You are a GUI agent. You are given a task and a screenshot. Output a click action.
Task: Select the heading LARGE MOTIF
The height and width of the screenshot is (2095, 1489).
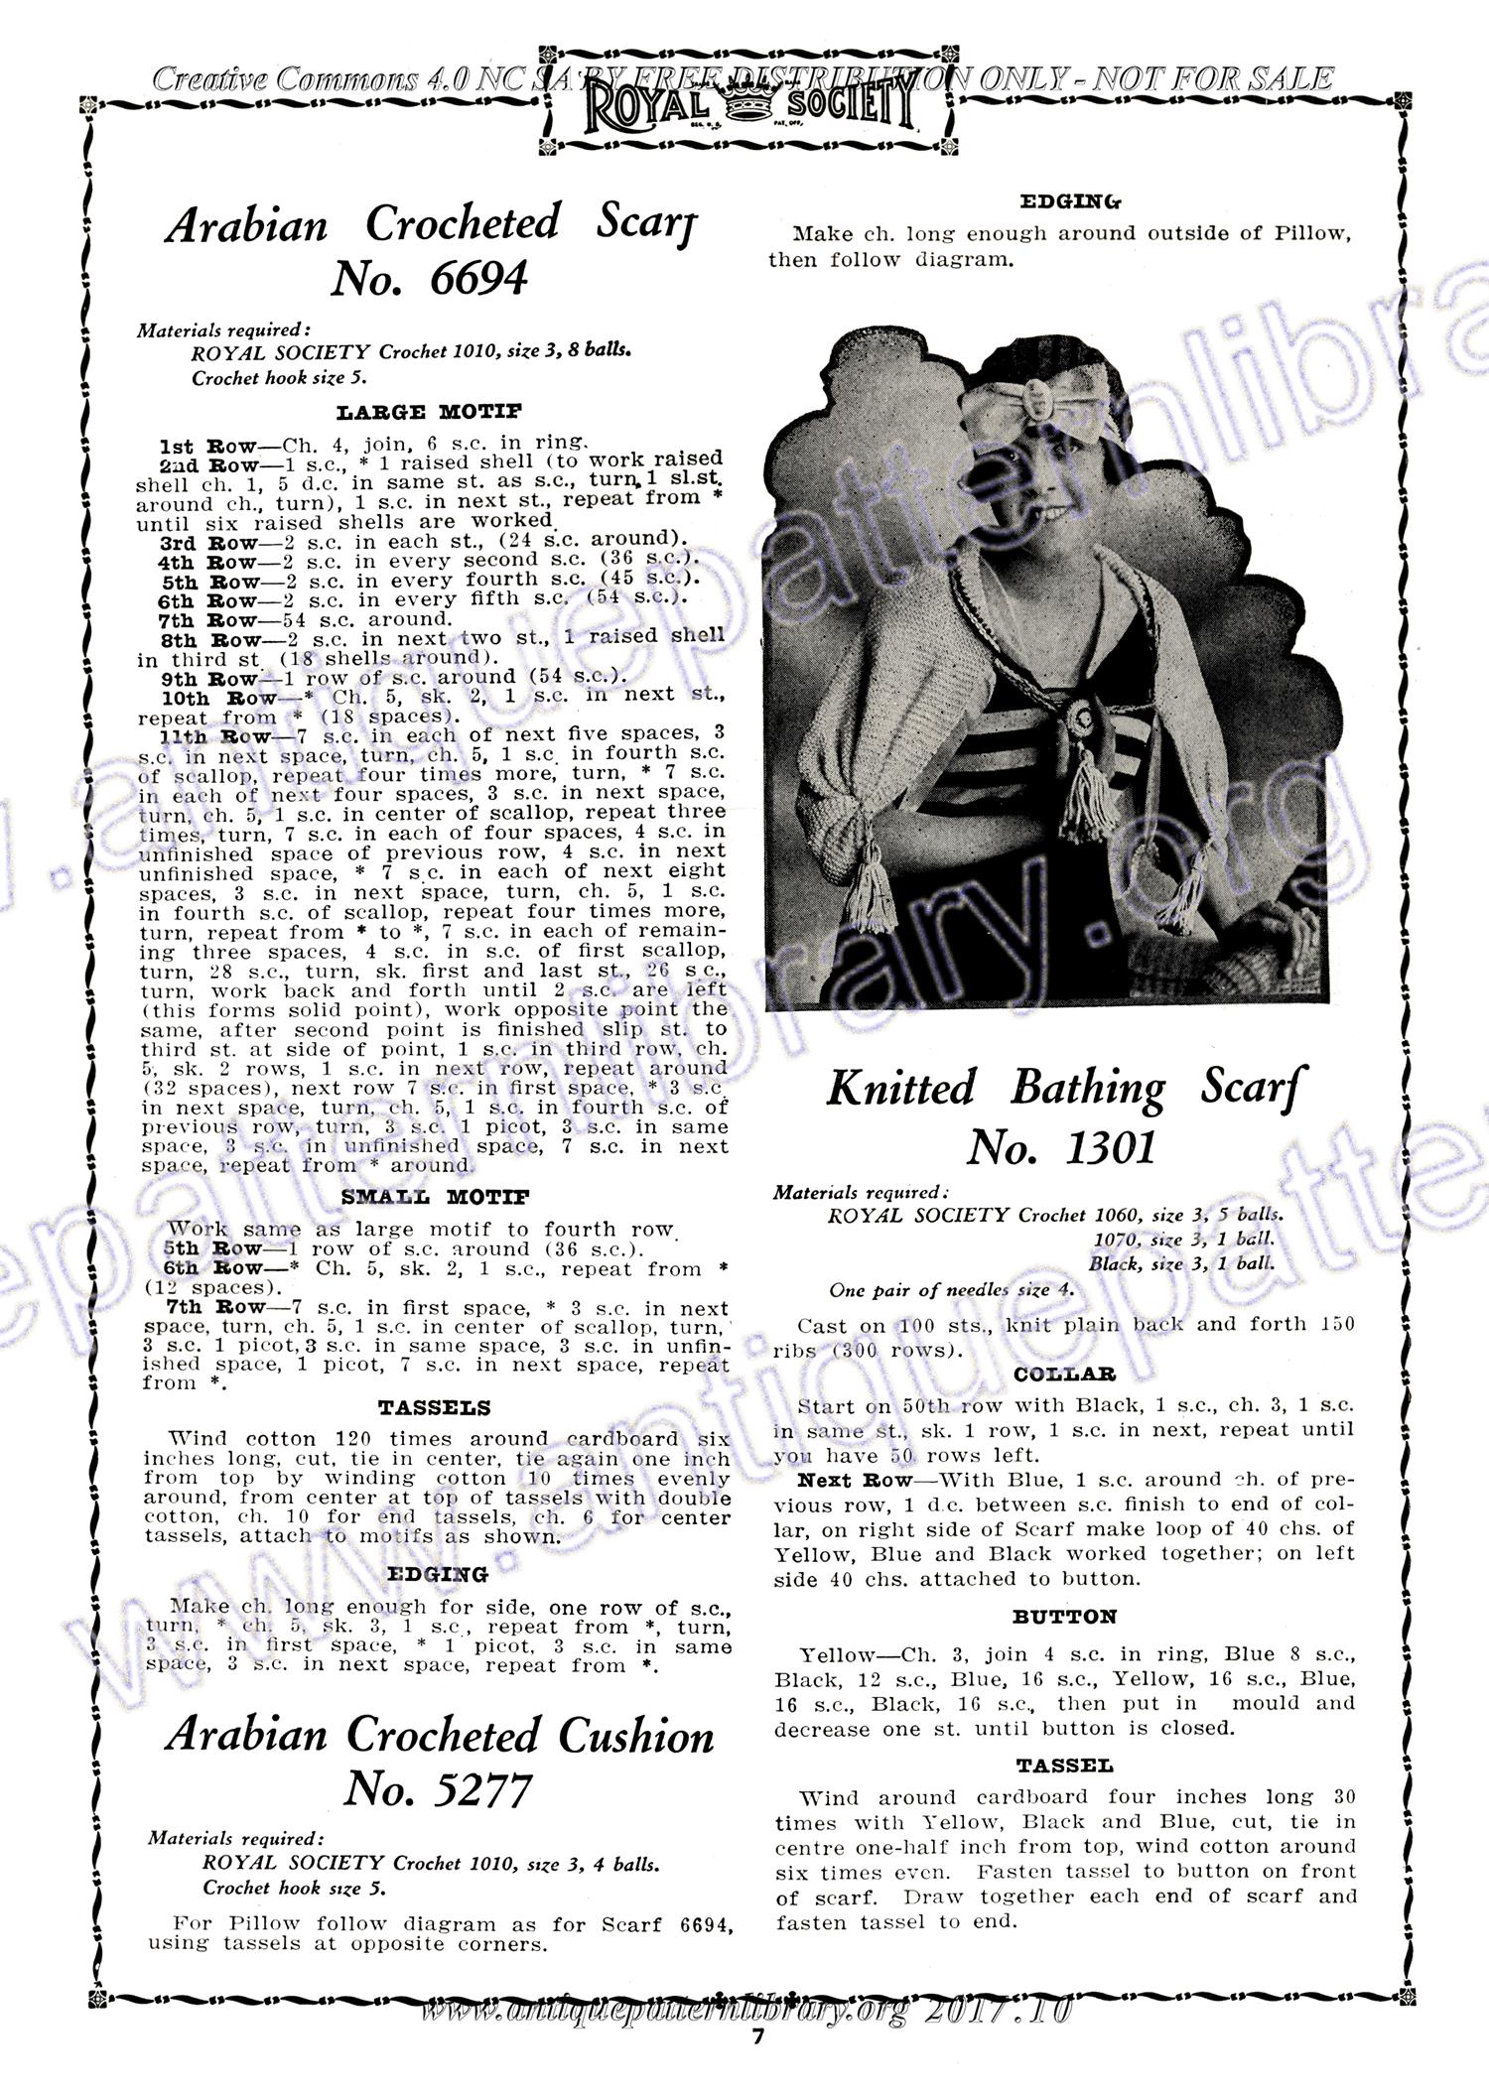click(x=429, y=412)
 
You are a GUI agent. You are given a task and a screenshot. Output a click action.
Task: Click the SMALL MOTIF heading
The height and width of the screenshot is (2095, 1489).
click(x=435, y=1198)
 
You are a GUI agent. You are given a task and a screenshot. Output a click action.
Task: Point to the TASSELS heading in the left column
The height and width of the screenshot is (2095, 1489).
click(x=434, y=1408)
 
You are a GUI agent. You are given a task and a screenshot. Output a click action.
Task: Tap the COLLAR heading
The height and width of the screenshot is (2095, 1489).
click(x=1065, y=1375)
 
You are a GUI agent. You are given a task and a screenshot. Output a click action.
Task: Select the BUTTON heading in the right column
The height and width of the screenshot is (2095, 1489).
click(x=1064, y=1617)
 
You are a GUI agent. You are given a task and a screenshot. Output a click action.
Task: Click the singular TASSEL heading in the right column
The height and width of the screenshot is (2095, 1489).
click(x=1064, y=1766)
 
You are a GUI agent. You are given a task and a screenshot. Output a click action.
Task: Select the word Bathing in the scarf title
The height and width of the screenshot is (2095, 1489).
click(x=1088, y=1089)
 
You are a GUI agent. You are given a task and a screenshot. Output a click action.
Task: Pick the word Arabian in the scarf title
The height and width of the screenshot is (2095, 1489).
click(x=246, y=226)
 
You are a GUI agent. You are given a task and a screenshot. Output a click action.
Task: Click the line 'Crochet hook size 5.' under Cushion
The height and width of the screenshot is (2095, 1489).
click(x=295, y=1888)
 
